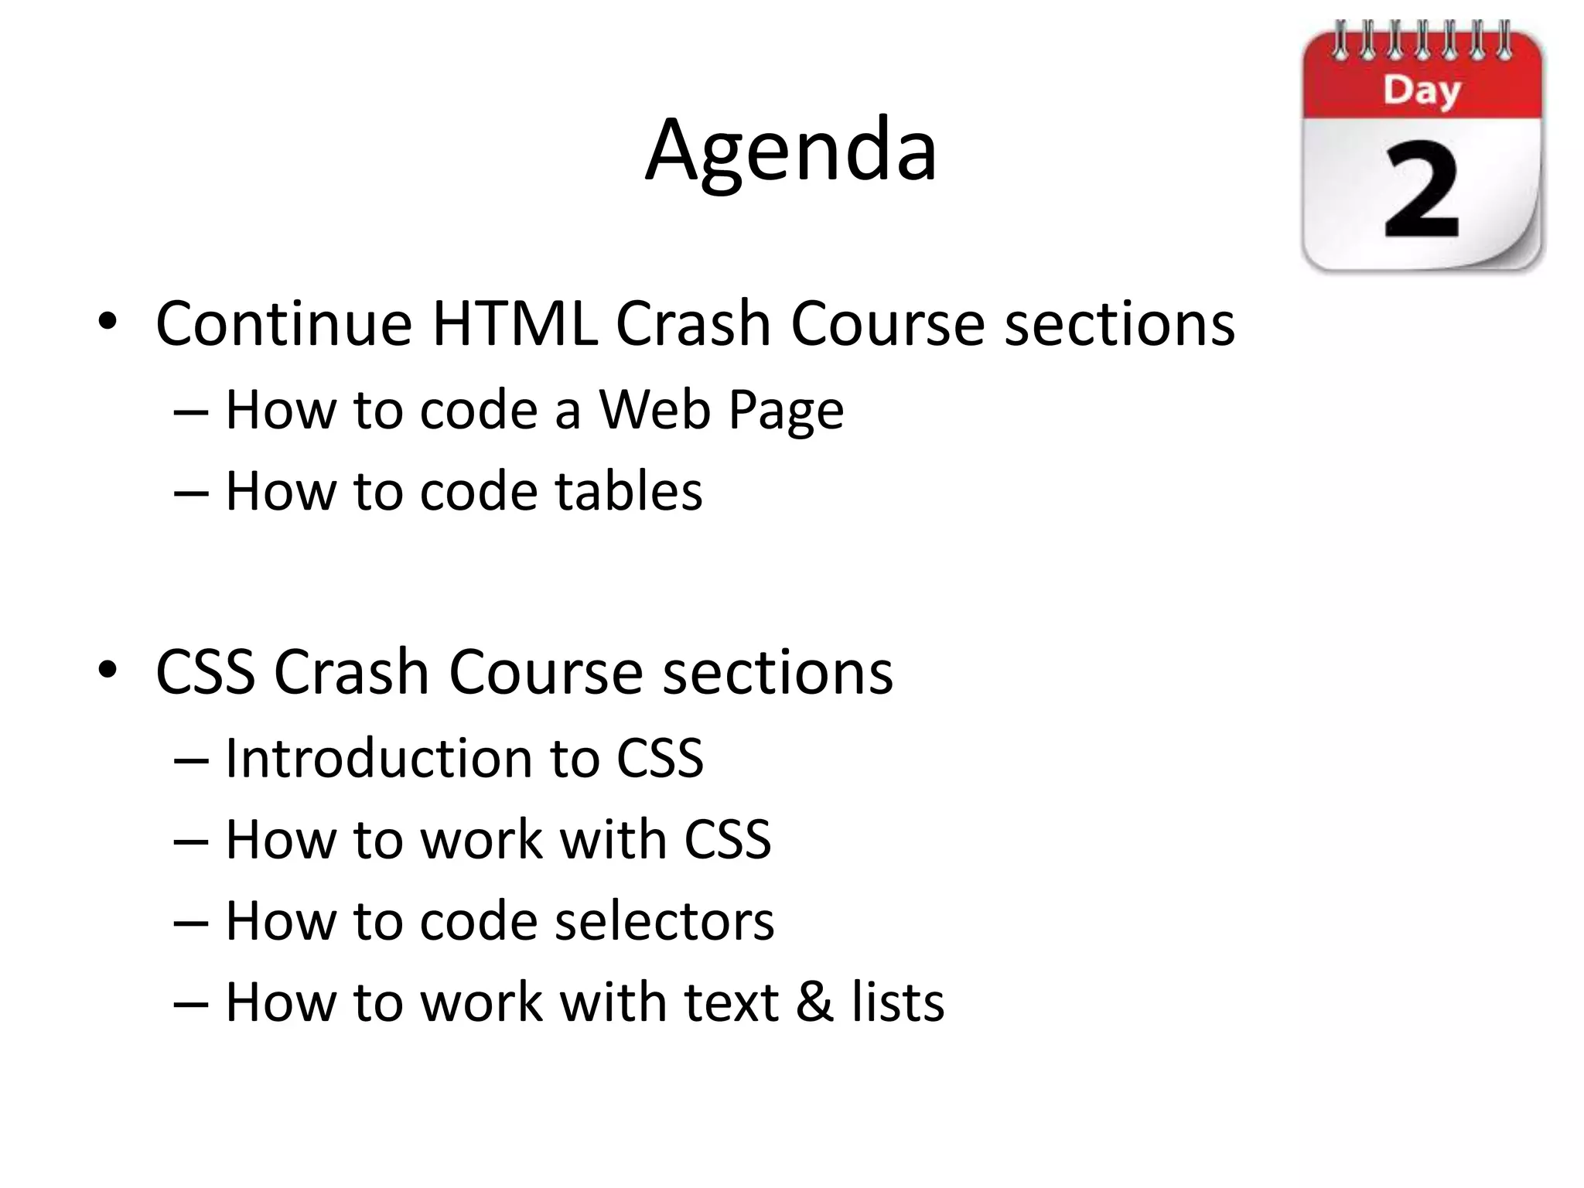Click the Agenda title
[791, 151]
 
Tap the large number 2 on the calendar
[1422, 191]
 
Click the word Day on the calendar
[1422, 91]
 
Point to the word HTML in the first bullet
[514, 323]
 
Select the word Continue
[284, 323]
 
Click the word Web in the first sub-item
[654, 409]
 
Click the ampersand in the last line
[814, 1002]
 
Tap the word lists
[898, 1002]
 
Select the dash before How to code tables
[190, 493]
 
